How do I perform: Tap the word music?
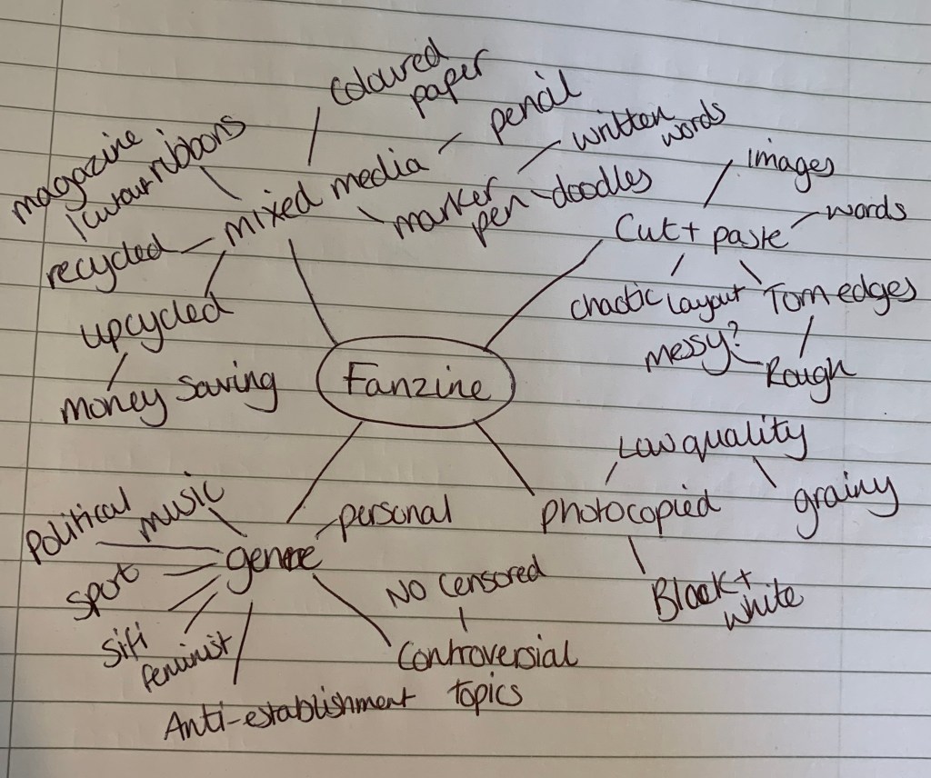181,511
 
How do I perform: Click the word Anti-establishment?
285,714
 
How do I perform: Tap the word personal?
393,515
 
